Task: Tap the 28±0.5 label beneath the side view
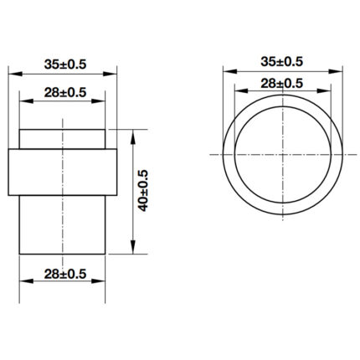pos(63,273)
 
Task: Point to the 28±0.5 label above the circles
pos(281,82)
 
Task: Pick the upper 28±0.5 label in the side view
pos(63,90)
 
